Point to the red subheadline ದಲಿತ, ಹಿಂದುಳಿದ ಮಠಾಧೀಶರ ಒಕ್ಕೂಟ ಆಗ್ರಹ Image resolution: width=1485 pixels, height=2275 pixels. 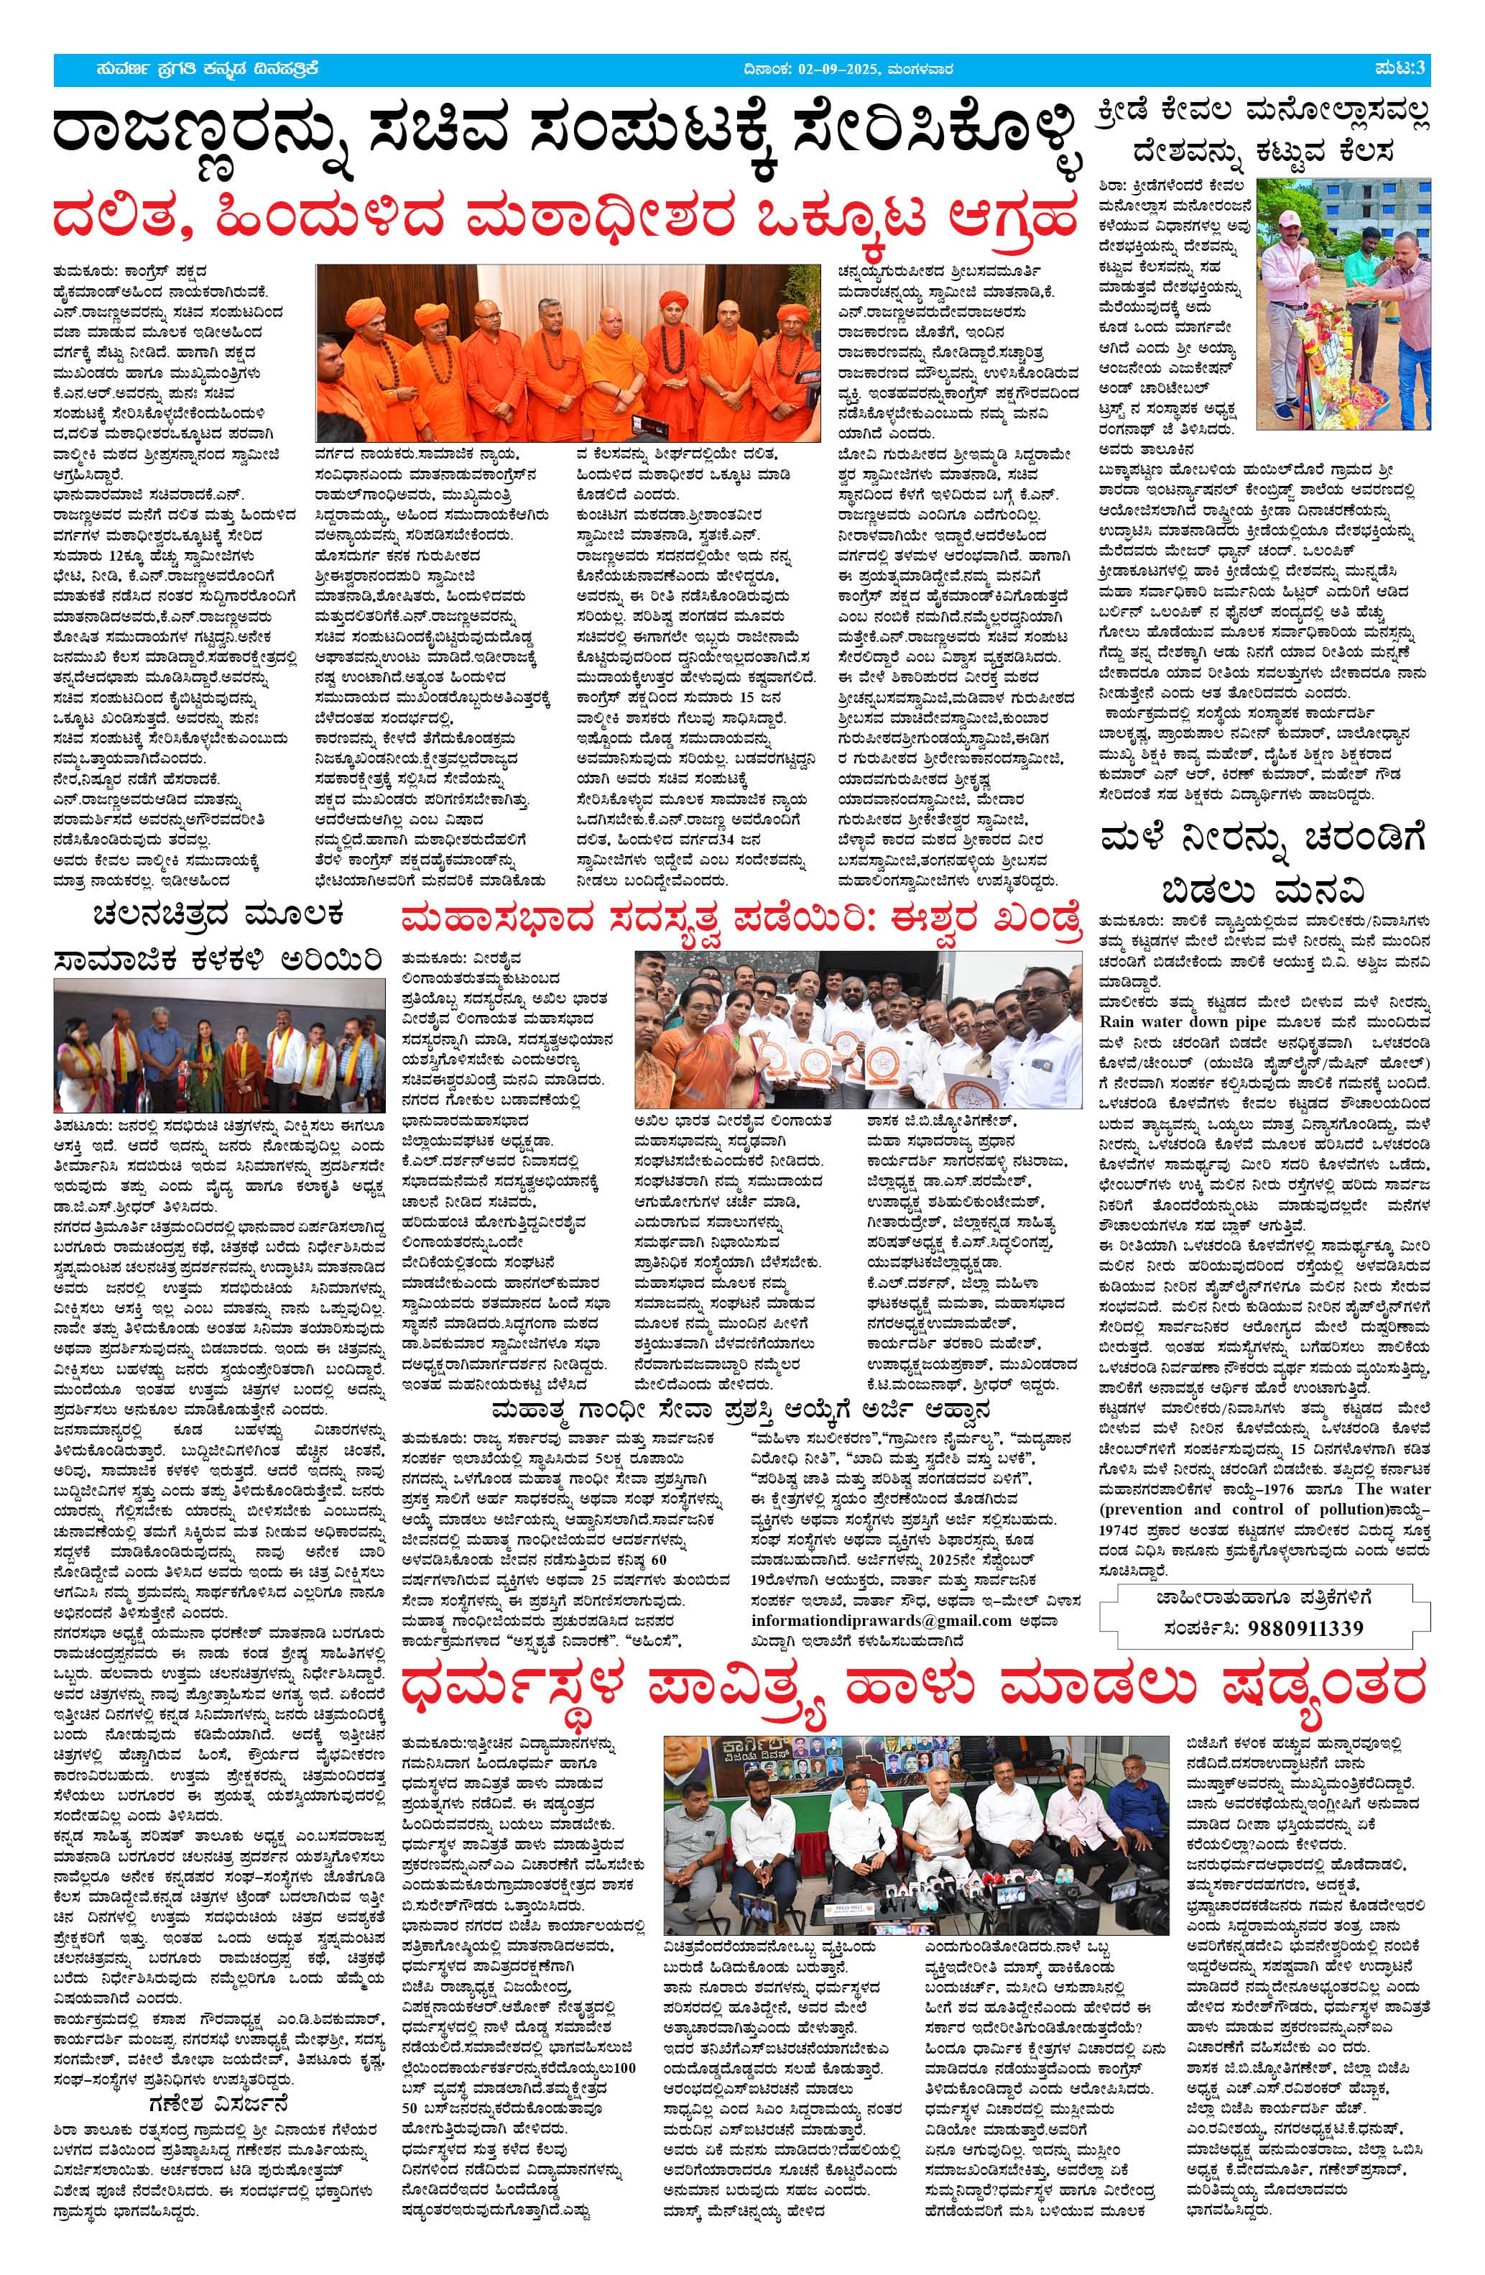tap(565, 217)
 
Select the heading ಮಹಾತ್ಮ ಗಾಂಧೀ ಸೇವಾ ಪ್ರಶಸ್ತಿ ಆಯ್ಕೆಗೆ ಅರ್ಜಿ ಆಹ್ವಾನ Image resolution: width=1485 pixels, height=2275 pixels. tap(741, 1410)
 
